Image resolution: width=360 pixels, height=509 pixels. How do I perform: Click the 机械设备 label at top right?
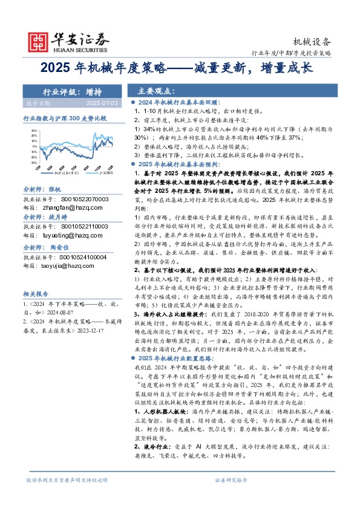point(312,42)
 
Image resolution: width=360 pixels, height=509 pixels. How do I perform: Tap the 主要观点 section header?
point(155,91)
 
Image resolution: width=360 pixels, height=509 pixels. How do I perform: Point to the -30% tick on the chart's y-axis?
point(34,163)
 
